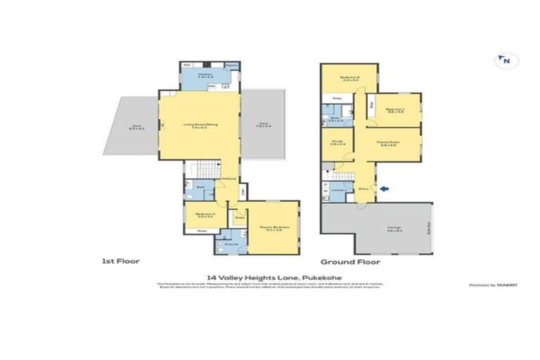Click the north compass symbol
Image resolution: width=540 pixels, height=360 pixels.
coord(505,61)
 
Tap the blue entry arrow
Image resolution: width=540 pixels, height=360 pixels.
coord(382,188)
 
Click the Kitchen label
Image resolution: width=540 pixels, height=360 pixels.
coord(205,74)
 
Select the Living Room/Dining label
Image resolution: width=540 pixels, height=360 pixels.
coord(200,126)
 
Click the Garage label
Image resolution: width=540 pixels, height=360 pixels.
coord(393,228)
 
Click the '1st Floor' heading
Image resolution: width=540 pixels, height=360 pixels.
coord(121,262)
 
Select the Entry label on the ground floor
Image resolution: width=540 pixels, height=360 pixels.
coord(364,188)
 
